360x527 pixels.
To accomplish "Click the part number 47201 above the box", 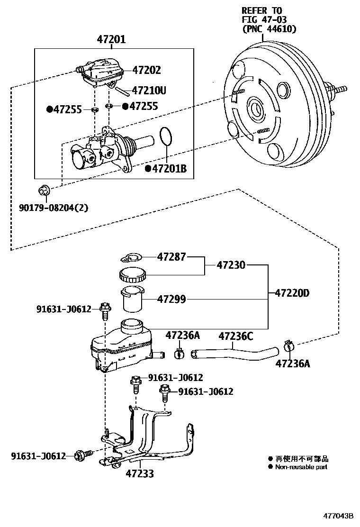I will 111,39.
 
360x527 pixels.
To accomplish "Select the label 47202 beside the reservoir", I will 146,70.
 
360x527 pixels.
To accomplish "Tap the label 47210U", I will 149,90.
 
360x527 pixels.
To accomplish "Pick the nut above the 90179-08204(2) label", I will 43,191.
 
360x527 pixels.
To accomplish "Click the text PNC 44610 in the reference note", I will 269,29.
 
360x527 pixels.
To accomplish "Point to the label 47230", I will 231,265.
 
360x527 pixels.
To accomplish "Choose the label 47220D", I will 292,293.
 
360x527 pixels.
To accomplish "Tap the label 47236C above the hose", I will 235,336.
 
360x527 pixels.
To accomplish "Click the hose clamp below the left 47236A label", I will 180,353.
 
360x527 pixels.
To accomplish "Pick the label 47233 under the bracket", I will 140,473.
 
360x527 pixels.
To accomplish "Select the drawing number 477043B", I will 338,516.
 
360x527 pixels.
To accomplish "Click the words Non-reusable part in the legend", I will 301,467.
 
